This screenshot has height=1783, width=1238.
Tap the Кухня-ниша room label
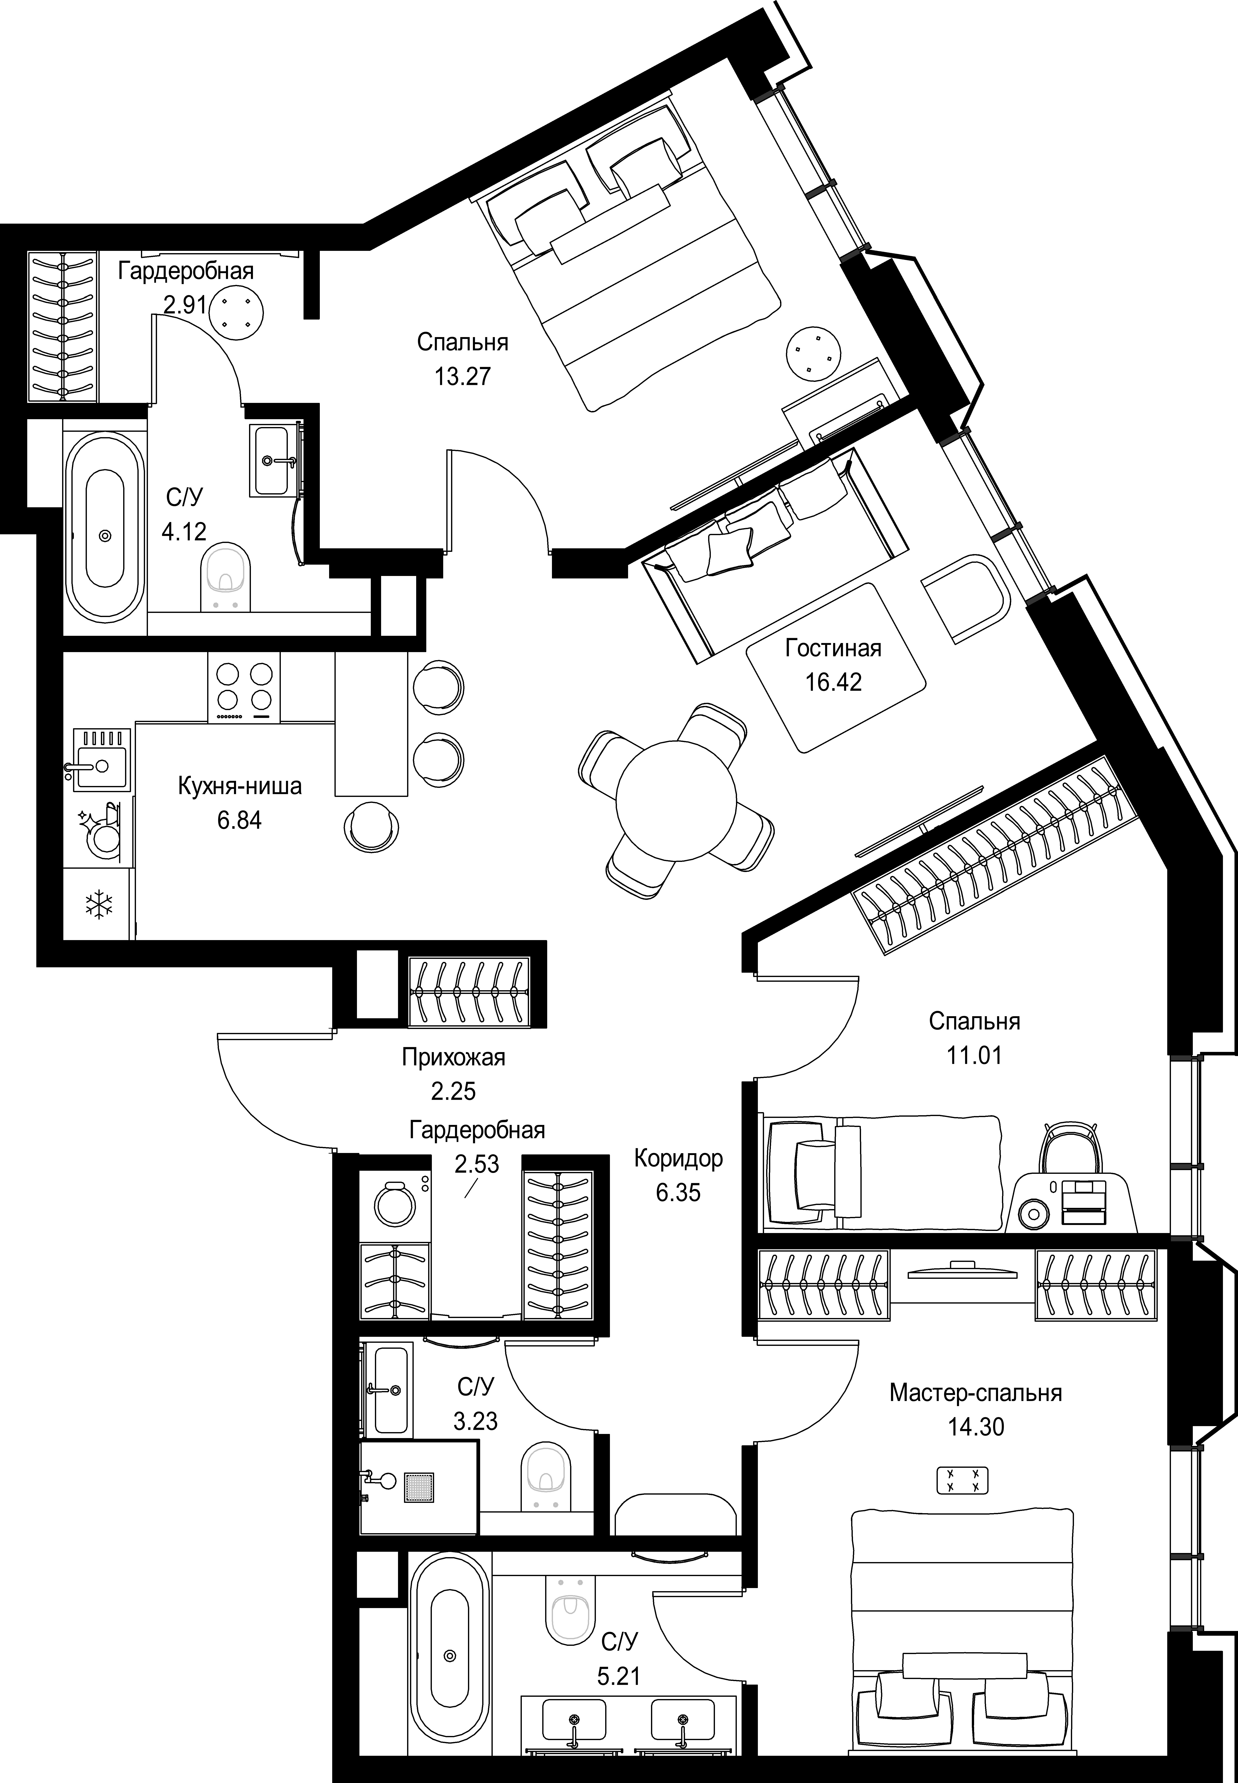(x=240, y=786)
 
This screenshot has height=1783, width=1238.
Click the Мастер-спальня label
(x=975, y=1393)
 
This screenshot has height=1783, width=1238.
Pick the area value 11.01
(x=974, y=1056)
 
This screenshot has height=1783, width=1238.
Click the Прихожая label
(x=454, y=1057)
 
